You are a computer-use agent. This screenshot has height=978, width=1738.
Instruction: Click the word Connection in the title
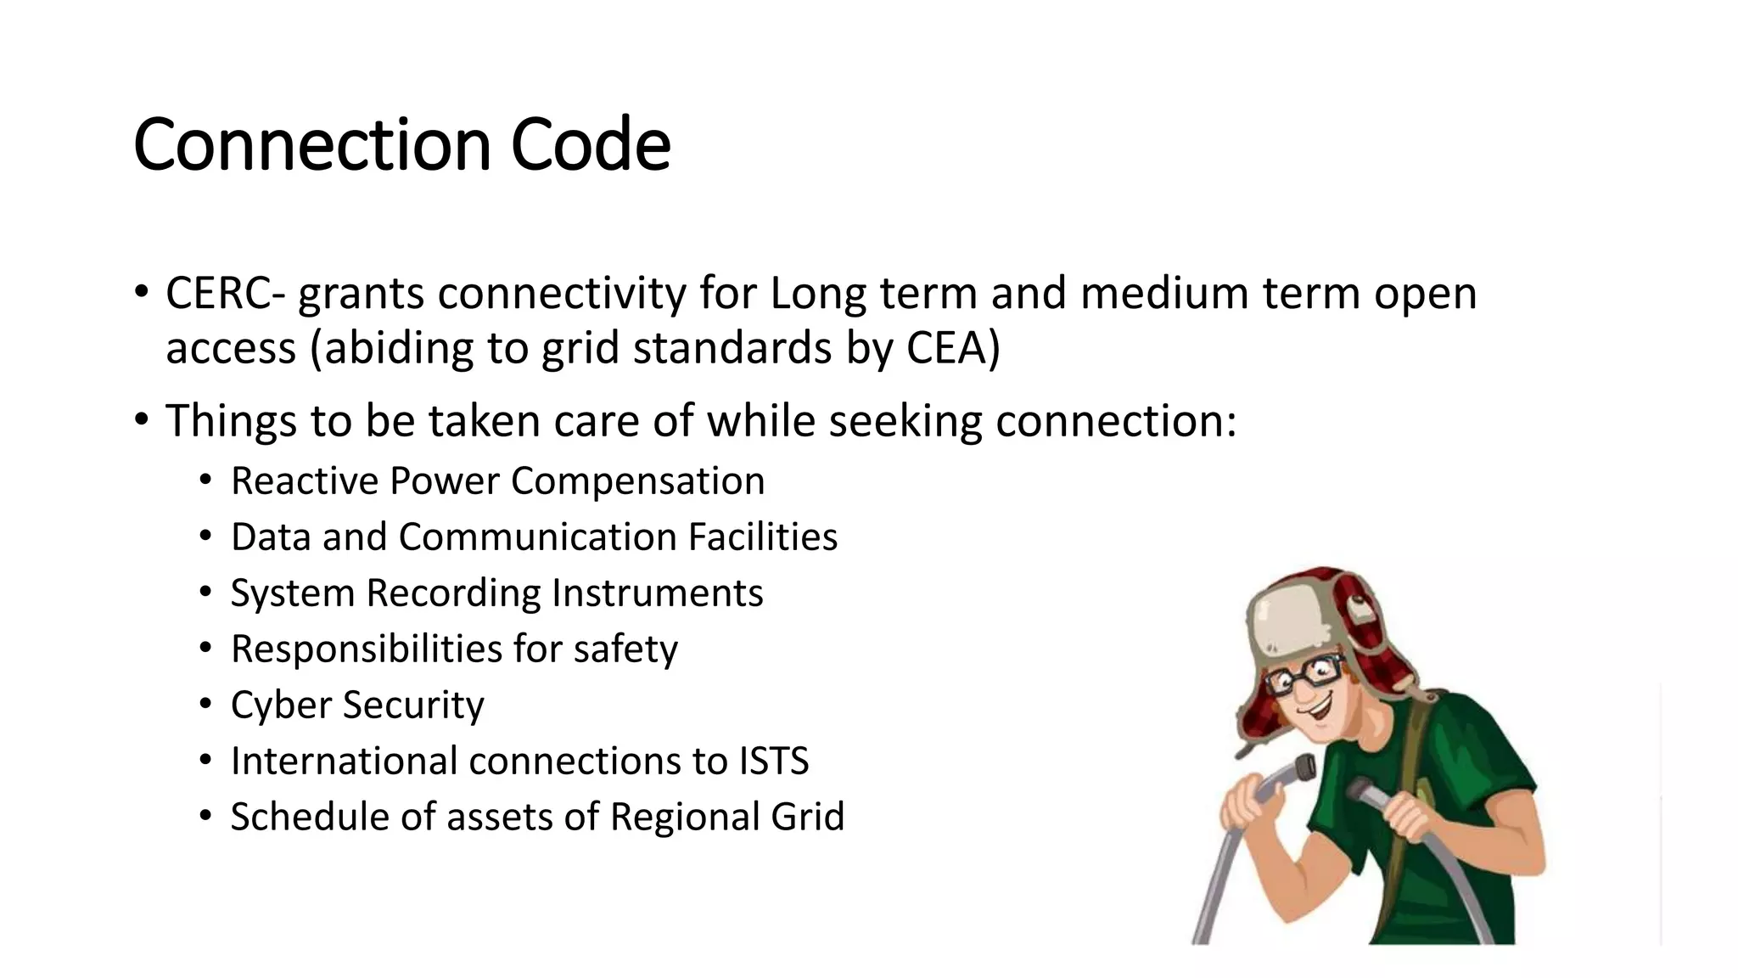click(311, 144)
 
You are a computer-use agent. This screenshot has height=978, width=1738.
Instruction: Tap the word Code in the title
click(591, 144)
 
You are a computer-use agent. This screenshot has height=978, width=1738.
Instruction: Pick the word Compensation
click(637, 481)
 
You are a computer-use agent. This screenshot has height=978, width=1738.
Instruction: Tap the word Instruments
click(657, 593)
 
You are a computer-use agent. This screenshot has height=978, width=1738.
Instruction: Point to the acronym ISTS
click(774, 762)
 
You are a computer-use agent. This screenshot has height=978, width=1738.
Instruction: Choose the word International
click(344, 762)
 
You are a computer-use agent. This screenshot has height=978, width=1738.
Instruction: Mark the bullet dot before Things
click(141, 420)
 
